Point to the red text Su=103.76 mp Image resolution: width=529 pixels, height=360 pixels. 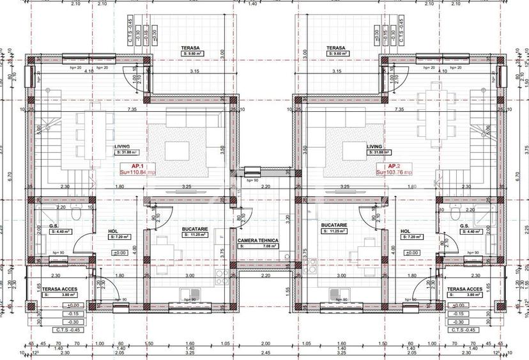click(x=394, y=173)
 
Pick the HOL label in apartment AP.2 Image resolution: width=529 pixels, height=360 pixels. click(x=405, y=231)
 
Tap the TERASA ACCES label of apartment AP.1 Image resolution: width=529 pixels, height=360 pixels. click(x=60, y=289)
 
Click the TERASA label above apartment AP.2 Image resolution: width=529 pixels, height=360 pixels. click(x=335, y=48)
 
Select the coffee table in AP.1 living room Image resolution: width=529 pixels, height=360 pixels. click(x=177, y=150)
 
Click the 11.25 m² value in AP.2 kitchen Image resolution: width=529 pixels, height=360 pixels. click(x=336, y=233)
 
